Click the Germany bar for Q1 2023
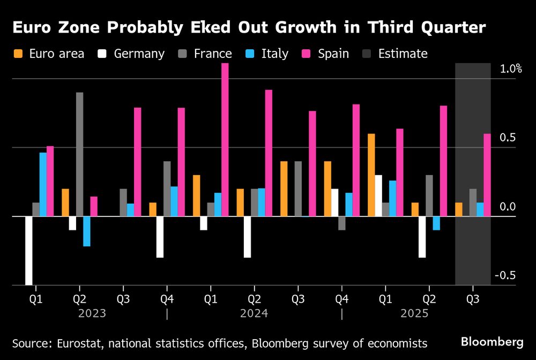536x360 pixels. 28,250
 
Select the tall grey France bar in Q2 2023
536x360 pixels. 79,154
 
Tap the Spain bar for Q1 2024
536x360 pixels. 225,140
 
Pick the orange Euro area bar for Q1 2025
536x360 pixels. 371,175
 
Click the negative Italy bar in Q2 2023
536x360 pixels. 87,231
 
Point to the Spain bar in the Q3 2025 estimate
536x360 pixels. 487,175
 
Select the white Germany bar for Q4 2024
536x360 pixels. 334,202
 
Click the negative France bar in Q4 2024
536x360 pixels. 342,223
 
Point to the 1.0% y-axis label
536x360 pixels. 510,69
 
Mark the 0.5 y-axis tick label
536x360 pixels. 508,138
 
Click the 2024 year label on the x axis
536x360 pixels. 254,313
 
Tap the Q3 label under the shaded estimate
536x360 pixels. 473,298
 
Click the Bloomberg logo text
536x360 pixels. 492,342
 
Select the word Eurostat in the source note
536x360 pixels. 69,343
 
